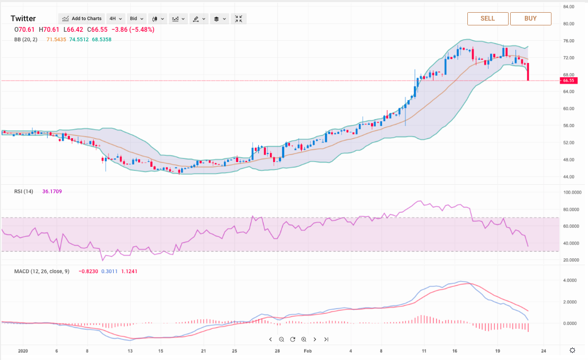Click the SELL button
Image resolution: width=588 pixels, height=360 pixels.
tap(487, 19)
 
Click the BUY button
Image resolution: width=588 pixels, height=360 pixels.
tap(530, 19)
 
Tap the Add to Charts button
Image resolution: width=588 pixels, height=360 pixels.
tap(82, 19)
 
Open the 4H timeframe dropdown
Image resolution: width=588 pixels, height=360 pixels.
tap(116, 19)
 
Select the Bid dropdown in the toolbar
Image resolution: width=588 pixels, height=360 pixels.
tap(137, 19)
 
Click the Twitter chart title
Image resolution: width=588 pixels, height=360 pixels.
tap(23, 19)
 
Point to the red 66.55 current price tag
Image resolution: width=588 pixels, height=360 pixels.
tap(569, 81)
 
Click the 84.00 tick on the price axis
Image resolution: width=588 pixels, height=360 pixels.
tap(569, 7)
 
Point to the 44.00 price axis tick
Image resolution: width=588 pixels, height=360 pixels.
tap(569, 177)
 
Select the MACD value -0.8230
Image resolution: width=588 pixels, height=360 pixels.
tap(87, 272)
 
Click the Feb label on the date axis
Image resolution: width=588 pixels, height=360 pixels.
tap(308, 350)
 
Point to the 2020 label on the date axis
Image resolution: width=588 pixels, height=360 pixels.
tap(23, 350)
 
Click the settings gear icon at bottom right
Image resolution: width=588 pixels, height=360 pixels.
tap(572, 350)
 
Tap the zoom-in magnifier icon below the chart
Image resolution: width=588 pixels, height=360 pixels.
tap(304, 339)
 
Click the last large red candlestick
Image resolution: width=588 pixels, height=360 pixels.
tap(528, 72)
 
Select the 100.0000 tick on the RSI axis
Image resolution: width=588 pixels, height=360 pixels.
tap(573, 193)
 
